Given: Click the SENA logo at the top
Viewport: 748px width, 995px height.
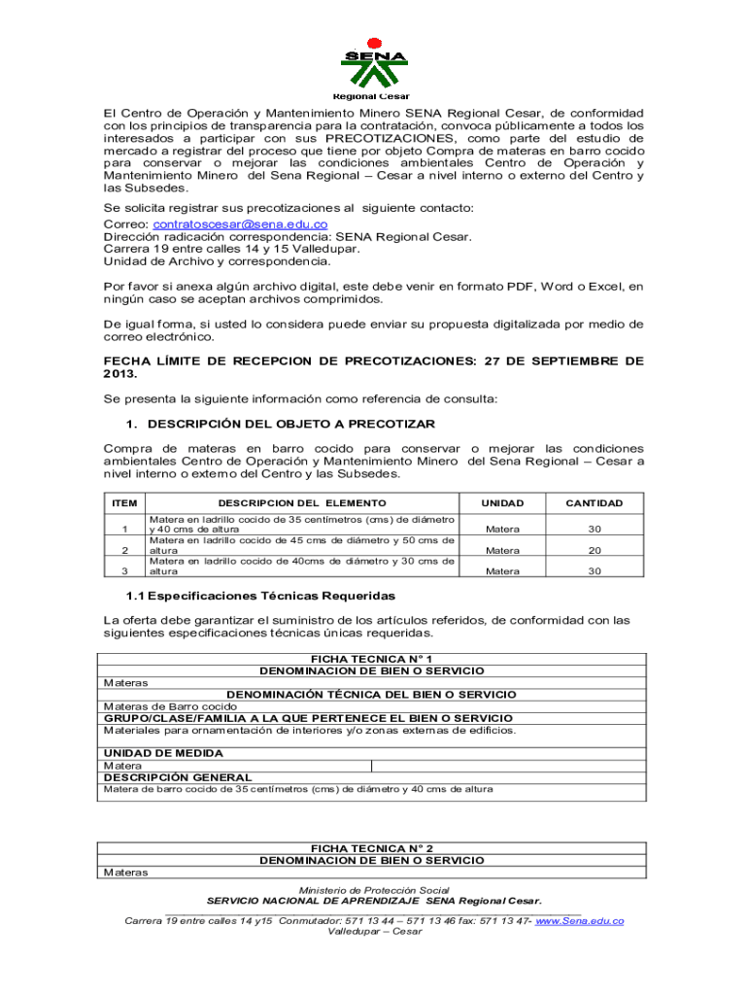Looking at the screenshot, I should coord(374,60).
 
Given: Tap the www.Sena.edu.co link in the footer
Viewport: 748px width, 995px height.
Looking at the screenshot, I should coord(579,920).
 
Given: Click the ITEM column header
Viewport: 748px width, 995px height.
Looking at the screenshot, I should coord(124,503).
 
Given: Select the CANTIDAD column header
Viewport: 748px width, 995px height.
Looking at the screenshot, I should coord(595,503).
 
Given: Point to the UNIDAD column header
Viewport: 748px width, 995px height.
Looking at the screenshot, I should coord(502,503).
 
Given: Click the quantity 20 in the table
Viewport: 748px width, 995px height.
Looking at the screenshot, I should coord(595,550).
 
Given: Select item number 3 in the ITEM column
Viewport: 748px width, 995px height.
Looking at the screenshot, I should coord(124,571).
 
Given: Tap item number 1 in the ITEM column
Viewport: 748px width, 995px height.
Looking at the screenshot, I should coord(124,529).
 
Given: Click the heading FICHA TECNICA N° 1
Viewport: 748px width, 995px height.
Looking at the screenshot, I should coord(372,659).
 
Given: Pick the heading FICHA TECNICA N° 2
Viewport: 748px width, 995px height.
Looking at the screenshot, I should coord(372,847).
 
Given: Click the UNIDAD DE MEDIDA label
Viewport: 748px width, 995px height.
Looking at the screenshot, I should coord(163,753).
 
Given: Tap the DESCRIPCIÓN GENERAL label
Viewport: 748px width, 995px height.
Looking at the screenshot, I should coord(178,777).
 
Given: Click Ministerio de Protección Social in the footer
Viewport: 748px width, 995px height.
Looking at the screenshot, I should coord(374,890).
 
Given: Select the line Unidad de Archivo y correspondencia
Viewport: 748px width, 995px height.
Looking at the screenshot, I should coord(217,261).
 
